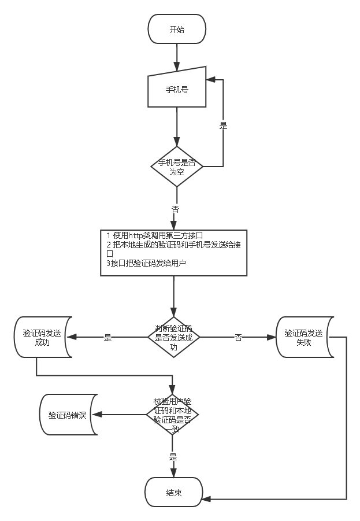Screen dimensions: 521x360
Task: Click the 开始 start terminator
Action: (x=177, y=29)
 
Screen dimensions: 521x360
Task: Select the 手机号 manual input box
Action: (x=177, y=90)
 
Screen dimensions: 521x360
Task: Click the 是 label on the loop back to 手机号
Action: (x=223, y=125)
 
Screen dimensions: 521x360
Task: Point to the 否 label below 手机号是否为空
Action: (x=175, y=209)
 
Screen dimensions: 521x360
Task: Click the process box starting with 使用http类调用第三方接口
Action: (x=174, y=253)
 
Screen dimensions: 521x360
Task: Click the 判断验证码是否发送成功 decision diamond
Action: (x=173, y=338)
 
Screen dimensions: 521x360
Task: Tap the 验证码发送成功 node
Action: (x=42, y=337)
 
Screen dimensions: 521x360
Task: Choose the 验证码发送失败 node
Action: (x=305, y=337)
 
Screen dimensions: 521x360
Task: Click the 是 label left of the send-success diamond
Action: (x=107, y=338)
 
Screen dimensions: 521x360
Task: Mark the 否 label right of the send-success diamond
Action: (x=238, y=338)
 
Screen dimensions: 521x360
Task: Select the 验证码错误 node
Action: (x=68, y=415)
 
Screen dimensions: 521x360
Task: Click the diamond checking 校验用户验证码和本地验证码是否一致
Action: (x=173, y=415)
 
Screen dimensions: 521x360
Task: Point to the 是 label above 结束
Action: (x=173, y=456)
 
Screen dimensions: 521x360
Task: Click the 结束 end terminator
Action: (x=174, y=493)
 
